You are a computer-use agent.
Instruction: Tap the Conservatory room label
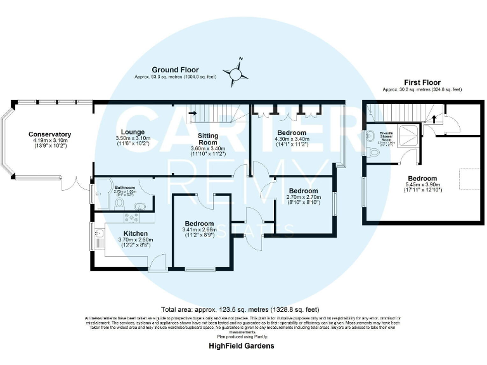[49, 134]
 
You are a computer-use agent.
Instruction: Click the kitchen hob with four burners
[132, 217]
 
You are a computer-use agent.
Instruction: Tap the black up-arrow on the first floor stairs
[434, 118]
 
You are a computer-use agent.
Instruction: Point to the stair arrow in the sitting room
[194, 113]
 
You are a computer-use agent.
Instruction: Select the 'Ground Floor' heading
[174, 70]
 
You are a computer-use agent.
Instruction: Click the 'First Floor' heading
[422, 82]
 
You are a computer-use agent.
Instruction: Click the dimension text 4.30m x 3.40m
[292, 139]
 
